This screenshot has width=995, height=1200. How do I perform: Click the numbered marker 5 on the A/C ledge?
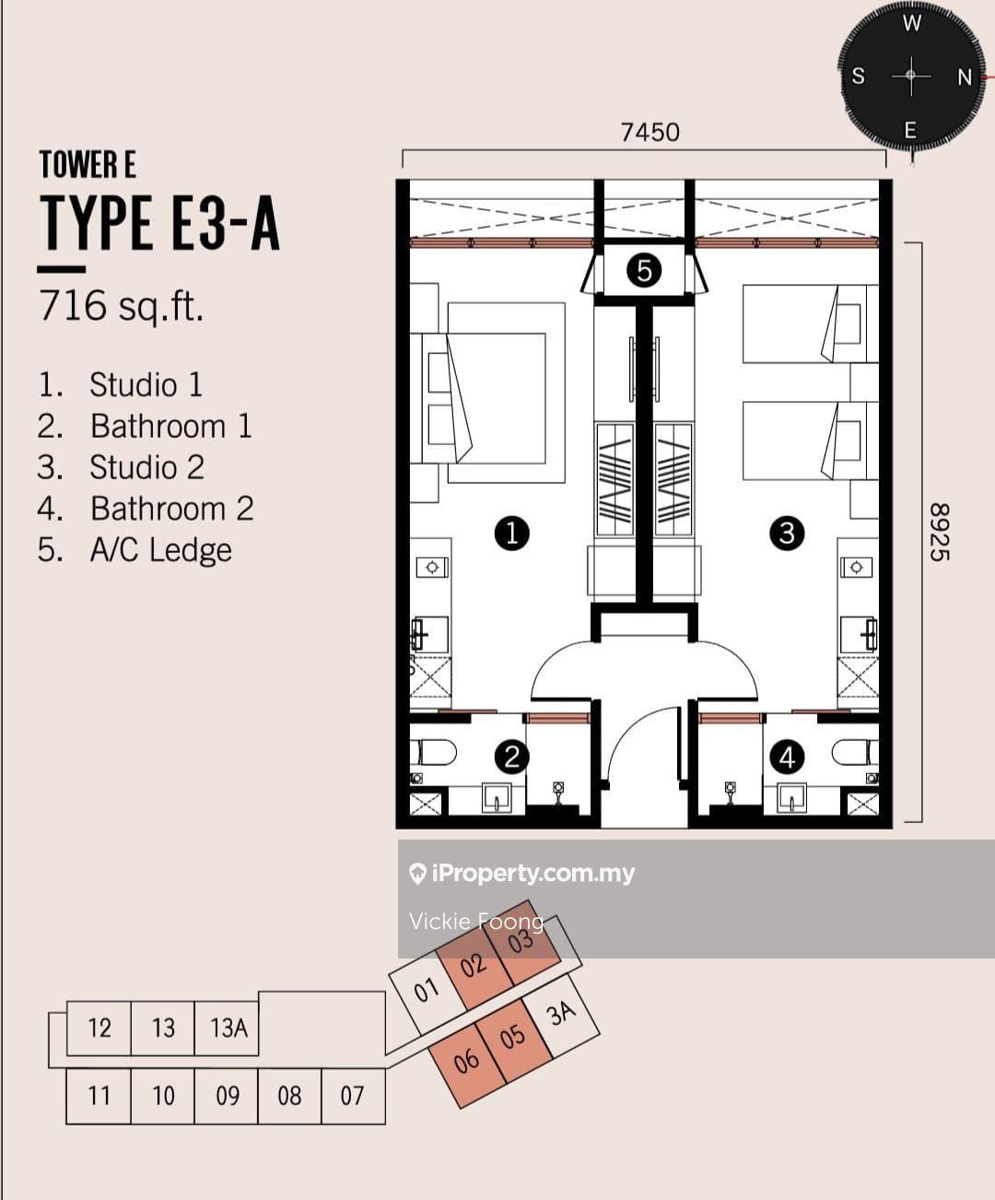pyautogui.click(x=644, y=270)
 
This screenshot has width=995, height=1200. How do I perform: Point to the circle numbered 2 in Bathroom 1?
pyautogui.click(x=512, y=757)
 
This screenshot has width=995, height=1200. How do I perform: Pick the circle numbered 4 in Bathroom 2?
pyautogui.click(x=787, y=757)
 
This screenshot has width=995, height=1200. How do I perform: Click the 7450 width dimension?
pyautogui.click(x=650, y=133)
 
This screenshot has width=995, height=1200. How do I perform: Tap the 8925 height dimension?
pyautogui.click(x=940, y=532)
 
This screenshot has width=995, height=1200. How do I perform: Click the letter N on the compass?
pyautogui.click(x=965, y=77)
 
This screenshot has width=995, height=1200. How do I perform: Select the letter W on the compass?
pyautogui.click(x=912, y=24)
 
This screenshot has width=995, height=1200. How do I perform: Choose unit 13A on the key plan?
pyautogui.click(x=228, y=1029)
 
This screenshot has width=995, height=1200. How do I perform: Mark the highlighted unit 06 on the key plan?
pyautogui.click(x=466, y=1060)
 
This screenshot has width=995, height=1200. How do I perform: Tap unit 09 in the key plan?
pyautogui.click(x=228, y=1096)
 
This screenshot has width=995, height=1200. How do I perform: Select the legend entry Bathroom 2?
pyautogui.click(x=146, y=509)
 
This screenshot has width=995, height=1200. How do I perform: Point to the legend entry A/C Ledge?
pyautogui.click(x=135, y=550)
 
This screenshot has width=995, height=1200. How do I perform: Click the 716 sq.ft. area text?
pyautogui.click(x=122, y=305)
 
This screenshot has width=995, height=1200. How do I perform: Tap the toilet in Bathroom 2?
pyautogui.click(x=855, y=752)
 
